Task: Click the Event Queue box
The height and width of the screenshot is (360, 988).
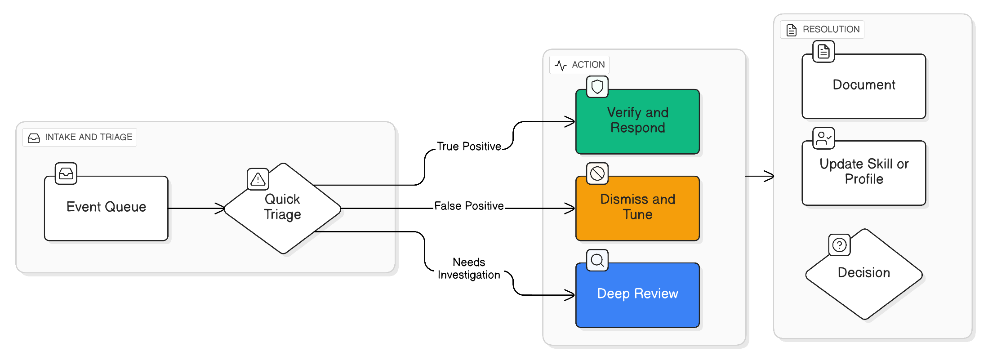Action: click(106, 208)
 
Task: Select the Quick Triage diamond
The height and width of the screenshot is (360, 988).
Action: click(282, 208)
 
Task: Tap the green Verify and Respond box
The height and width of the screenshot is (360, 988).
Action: click(637, 121)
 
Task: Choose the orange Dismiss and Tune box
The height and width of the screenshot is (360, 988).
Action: click(637, 208)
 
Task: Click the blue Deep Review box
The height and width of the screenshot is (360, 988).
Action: click(637, 294)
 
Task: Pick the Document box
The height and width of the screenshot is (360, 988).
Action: click(863, 86)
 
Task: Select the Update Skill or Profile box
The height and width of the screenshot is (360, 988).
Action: click(863, 173)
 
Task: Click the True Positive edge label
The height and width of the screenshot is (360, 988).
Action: click(469, 147)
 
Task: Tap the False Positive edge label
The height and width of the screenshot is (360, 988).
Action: click(469, 206)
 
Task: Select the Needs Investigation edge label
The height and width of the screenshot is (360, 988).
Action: click(469, 268)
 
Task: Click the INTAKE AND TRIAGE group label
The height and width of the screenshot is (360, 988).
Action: click(80, 137)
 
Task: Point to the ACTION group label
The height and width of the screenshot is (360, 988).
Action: click(579, 65)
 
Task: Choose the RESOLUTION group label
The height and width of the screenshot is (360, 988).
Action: click(822, 29)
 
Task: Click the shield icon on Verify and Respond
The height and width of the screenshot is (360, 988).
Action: click(597, 87)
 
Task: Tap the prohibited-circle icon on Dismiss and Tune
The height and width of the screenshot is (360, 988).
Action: click(597, 173)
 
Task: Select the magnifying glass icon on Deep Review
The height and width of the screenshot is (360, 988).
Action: click(597, 260)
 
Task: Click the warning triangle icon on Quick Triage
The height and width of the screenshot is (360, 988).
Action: click(258, 179)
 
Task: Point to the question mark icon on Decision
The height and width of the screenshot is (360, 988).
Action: click(839, 245)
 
